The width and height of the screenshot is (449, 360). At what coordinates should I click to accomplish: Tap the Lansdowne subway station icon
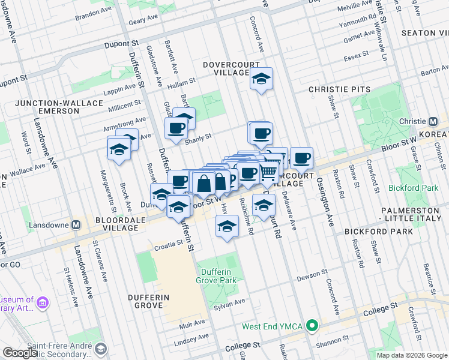tap(76, 226)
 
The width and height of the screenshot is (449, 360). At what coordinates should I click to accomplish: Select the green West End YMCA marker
tap(312, 326)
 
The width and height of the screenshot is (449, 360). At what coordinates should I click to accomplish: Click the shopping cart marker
tap(268, 172)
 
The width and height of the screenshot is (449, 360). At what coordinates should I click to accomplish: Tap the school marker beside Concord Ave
tap(261, 79)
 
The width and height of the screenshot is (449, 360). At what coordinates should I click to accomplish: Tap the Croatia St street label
tap(167, 244)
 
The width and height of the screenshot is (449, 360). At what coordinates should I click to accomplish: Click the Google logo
tap(20, 353)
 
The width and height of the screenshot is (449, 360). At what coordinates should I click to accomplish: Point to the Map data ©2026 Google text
tap(411, 355)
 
